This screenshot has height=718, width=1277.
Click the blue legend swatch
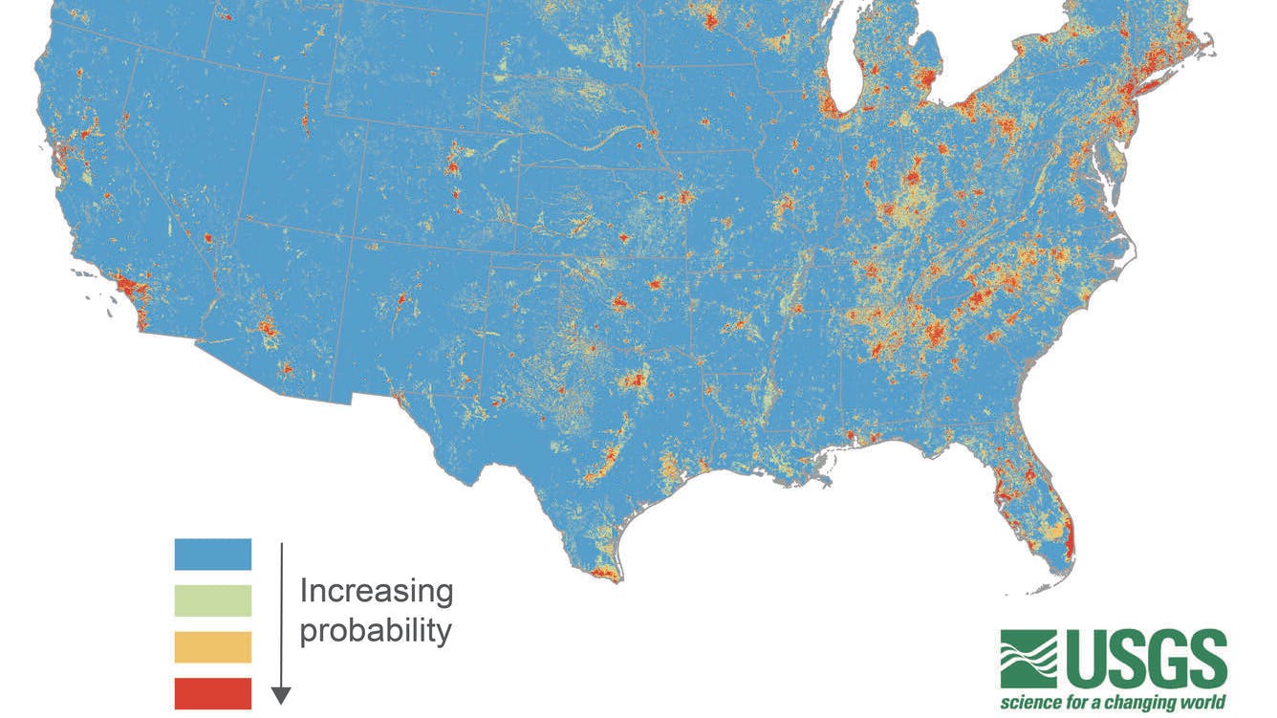coord(212,554)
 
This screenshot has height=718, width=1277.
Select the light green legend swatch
coord(212,600)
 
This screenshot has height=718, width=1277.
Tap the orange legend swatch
coord(212,646)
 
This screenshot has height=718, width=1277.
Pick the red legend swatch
coord(212,693)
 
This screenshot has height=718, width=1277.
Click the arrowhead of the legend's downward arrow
coord(281,695)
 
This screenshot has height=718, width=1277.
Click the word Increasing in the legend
coord(377,591)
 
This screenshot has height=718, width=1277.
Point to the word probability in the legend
coord(376,631)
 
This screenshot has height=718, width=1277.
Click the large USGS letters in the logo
coord(1146,661)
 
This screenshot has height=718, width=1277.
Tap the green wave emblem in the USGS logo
coord(1028,659)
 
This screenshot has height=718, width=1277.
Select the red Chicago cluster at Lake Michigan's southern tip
coord(829,107)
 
